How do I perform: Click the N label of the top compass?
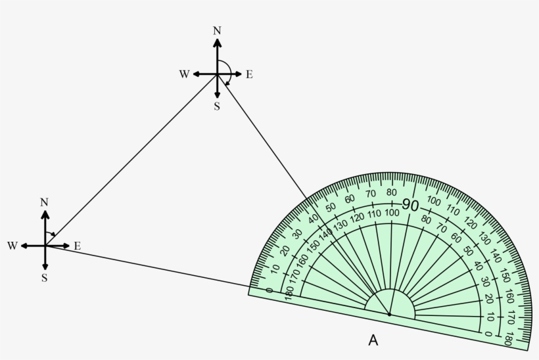pyautogui.click(x=217, y=31)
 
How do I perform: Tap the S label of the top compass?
pyautogui.click(x=216, y=106)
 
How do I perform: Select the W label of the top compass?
pyautogui.click(x=184, y=74)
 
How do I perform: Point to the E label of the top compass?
pyautogui.click(x=249, y=74)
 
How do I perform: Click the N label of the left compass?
pyautogui.click(x=44, y=203)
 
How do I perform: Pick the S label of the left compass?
pyautogui.click(x=44, y=278)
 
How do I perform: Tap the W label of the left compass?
pyautogui.click(x=12, y=246)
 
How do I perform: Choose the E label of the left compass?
pyautogui.click(x=78, y=246)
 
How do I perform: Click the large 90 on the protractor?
pyautogui.click(x=410, y=206)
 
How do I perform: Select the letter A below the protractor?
pyautogui.click(x=373, y=340)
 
